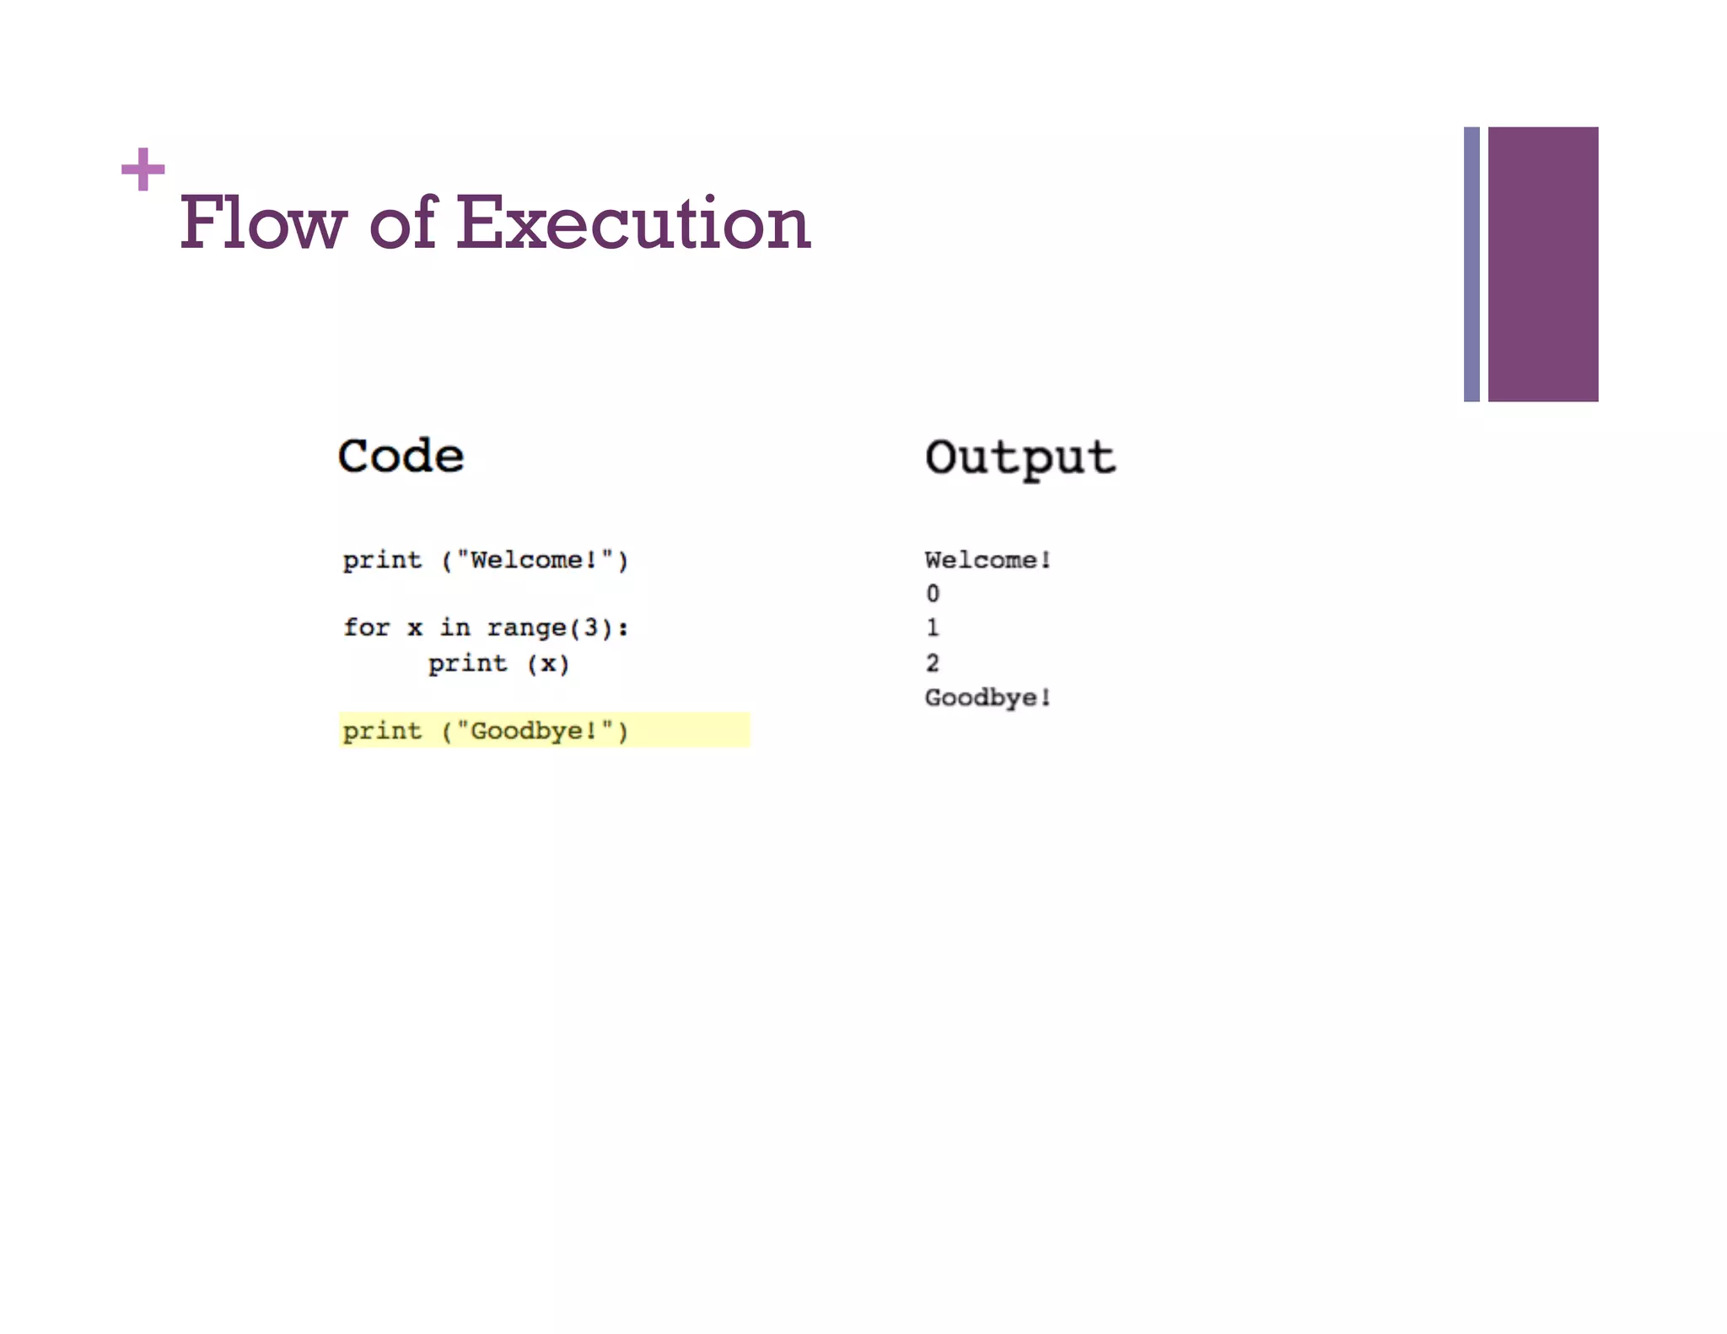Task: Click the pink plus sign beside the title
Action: [x=143, y=169]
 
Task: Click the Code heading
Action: [x=401, y=456]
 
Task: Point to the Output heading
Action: [x=1020, y=459]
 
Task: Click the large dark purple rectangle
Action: [x=1542, y=264]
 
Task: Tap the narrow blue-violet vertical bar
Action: [x=1471, y=264]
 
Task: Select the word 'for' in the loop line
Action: [x=366, y=627]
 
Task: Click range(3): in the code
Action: [x=557, y=627]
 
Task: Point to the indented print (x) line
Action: [x=498, y=664]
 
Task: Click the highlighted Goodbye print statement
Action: [x=486, y=730]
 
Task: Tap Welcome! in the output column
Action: [x=987, y=560]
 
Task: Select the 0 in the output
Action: [x=933, y=594]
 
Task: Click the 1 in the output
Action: [x=933, y=627]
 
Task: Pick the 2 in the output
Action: [x=933, y=663]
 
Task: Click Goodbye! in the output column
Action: [x=987, y=697]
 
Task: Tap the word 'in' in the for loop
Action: [x=455, y=627]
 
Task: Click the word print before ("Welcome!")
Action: [x=382, y=560]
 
